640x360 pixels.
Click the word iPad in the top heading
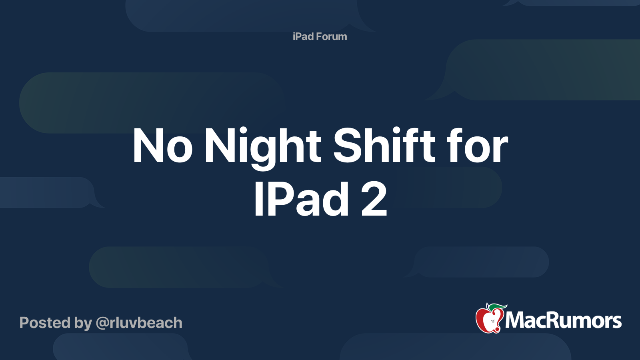pyautogui.click(x=303, y=36)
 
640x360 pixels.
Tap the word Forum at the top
pyautogui.click(x=331, y=36)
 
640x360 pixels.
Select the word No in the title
pyautogui.click(x=162, y=146)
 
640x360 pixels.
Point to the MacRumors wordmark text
pyautogui.click(x=563, y=320)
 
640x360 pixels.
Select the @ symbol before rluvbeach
pyautogui.click(x=102, y=323)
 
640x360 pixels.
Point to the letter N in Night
pyautogui.click(x=218, y=146)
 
